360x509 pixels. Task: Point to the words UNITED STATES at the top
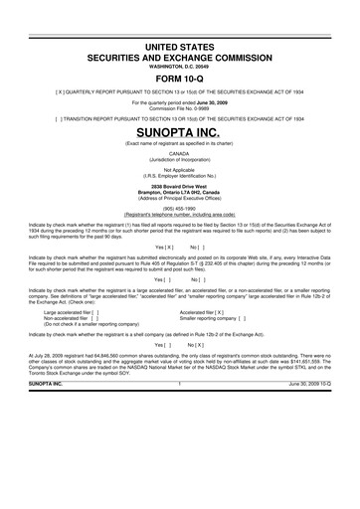[180, 48]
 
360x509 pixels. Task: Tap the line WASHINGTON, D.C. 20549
[180, 67]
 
